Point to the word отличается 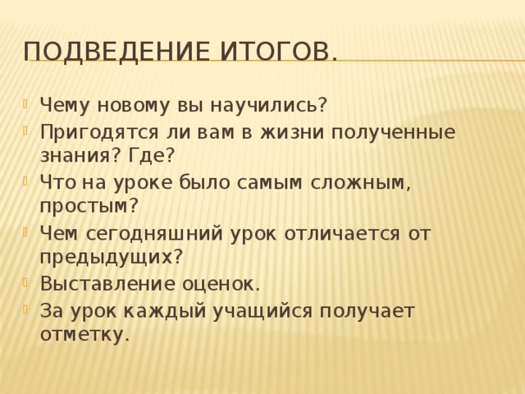coord(343,233)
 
